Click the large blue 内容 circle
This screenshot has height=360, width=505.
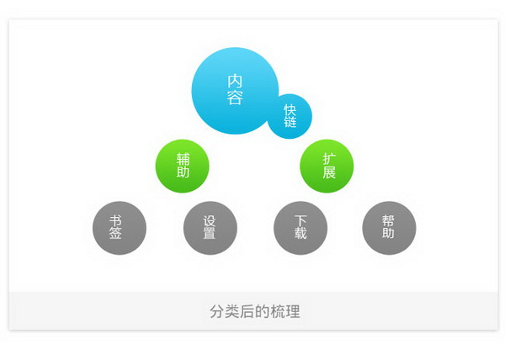(235, 91)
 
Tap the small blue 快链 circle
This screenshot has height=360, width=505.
(290, 116)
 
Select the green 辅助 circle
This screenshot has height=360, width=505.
(183, 166)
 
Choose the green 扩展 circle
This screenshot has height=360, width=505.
(327, 166)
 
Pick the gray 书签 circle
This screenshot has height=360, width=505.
(120, 228)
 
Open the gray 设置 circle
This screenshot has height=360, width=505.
(210, 228)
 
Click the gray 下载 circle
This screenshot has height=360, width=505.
(300, 228)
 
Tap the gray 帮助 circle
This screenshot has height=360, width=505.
(389, 228)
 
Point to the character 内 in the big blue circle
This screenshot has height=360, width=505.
(235, 81)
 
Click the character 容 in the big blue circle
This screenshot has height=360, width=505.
(235, 98)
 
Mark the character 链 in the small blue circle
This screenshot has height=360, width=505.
(290, 122)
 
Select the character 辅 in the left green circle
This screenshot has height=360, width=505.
(183, 159)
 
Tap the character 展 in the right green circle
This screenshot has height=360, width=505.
(329, 172)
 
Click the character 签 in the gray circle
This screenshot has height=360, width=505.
(115, 233)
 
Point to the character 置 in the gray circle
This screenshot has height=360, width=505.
(209, 233)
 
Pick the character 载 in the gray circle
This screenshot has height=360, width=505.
(300, 233)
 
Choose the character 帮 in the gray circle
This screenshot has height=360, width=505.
(388, 221)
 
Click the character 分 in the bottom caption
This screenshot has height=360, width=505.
(217, 311)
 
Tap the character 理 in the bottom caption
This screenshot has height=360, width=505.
(293, 311)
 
